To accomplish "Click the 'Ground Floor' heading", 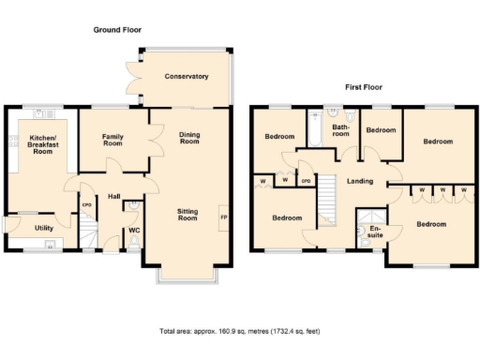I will tap(116, 30).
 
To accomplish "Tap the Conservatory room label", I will tap(186, 77).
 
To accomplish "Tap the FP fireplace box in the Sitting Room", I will tap(222, 217).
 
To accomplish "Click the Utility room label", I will tap(44, 228).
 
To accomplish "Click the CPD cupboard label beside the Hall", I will tap(86, 205).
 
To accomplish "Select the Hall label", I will tap(113, 197).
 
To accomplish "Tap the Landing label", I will tap(360, 181).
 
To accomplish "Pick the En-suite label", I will tap(376, 232).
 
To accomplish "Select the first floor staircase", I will tap(327, 197).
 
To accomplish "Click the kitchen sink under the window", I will tap(39, 113).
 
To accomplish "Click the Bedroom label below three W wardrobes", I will tap(432, 224).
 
